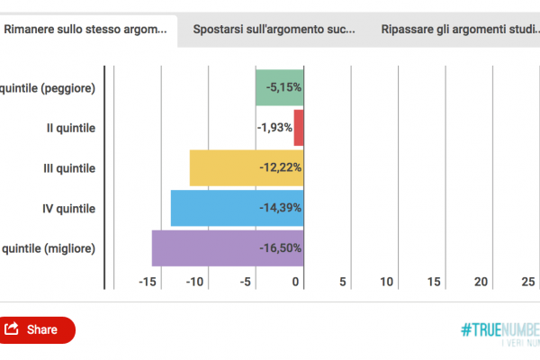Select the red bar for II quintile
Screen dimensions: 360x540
point(300,128)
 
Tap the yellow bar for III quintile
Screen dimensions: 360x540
point(216,167)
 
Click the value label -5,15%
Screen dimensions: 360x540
point(283,87)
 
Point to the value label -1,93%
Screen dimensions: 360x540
point(274,128)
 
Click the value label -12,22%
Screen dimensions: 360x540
point(280,167)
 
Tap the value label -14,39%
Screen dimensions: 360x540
point(280,208)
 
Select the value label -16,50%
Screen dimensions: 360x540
point(280,248)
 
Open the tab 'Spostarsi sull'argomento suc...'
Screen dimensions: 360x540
point(274,29)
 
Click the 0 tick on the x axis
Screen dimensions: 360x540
point(297,282)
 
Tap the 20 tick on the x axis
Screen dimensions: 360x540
point(481,282)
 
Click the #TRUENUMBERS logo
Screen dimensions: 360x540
point(499,330)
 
